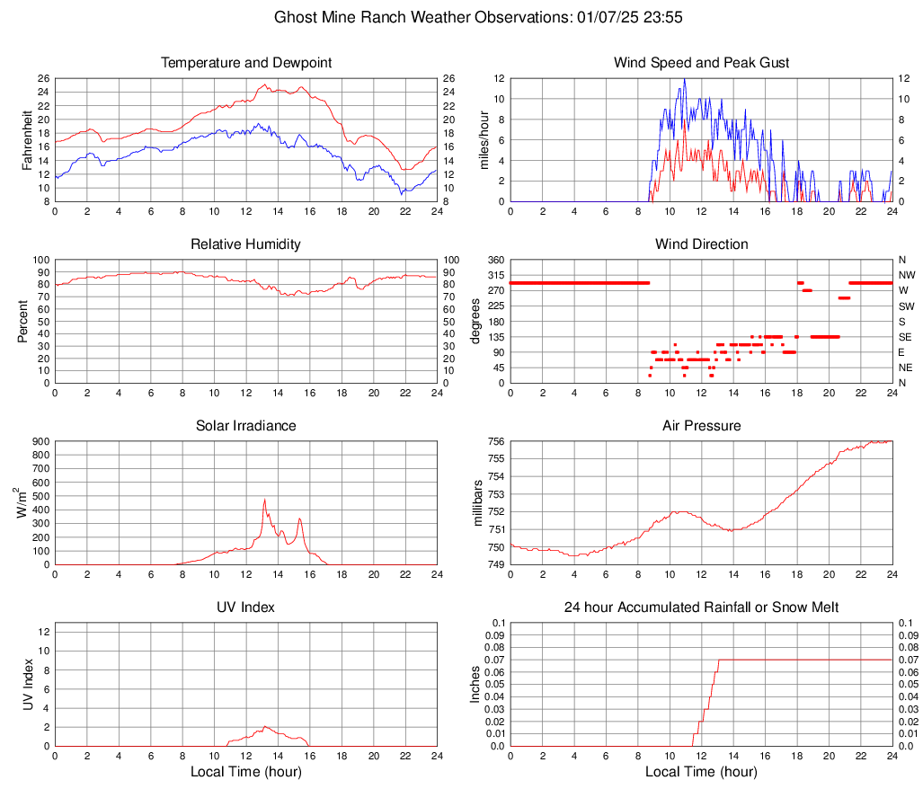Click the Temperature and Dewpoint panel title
pos(245,63)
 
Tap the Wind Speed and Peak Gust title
pos(702,63)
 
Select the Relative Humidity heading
pos(245,244)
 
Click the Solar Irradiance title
pos(245,425)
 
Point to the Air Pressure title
pos(702,425)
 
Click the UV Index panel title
pos(245,607)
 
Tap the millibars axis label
pos(478,503)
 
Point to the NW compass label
pos(906,275)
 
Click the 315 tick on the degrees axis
pos(493,275)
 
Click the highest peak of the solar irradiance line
pos(264,500)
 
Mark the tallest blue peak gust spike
pos(685,79)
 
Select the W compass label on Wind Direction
pos(903,290)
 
